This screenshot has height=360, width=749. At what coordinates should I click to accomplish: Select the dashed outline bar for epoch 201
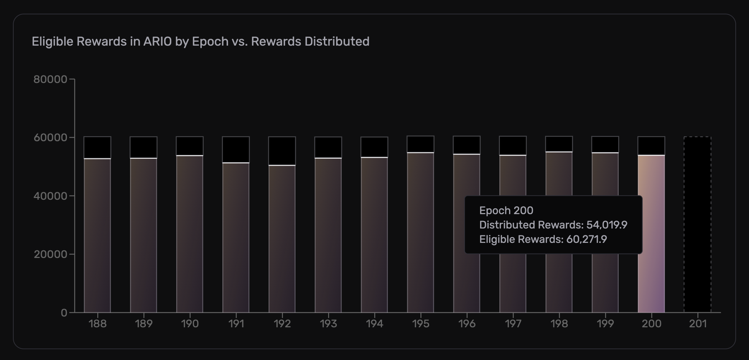tap(697, 225)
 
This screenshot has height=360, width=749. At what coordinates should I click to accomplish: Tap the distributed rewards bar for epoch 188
tap(97, 235)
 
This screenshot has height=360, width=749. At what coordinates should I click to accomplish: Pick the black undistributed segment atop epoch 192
tap(282, 151)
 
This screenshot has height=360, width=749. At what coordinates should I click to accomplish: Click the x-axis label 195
tap(420, 324)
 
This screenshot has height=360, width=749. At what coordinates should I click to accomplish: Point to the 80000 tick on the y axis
tap(50, 79)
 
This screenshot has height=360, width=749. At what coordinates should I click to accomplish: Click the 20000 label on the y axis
tap(50, 254)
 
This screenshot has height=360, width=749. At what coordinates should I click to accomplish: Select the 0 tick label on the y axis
tap(64, 313)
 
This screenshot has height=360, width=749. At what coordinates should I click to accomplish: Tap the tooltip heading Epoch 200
tap(506, 211)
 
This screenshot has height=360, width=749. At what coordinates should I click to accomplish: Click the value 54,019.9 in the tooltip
tap(606, 225)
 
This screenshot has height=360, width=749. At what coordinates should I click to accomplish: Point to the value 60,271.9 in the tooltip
tap(586, 239)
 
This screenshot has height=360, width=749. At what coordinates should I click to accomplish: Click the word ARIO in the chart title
tap(158, 42)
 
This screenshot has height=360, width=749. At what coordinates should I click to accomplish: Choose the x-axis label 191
tap(236, 324)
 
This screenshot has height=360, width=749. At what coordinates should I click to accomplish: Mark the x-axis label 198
tap(559, 324)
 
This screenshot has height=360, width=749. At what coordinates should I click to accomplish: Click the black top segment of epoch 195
tap(420, 144)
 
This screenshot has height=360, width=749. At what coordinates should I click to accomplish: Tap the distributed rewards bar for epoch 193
tap(328, 235)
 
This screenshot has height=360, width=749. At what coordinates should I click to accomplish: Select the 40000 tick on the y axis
tap(50, 196)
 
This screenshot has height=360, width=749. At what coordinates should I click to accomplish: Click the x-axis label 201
tap(698, 324)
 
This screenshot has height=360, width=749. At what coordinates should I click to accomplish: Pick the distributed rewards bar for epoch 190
tap(190, 234)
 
